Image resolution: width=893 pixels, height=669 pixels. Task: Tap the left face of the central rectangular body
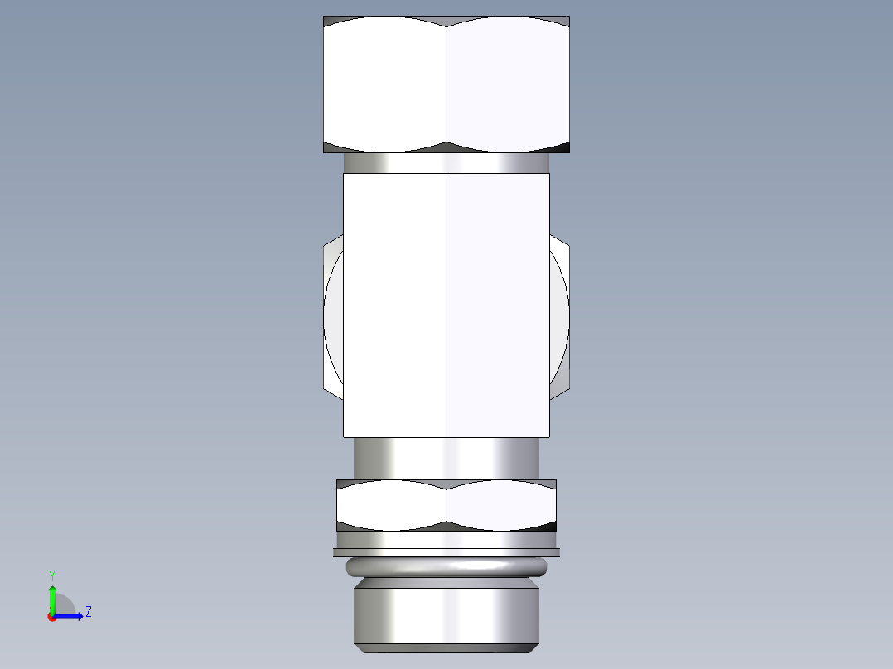coord(394,305)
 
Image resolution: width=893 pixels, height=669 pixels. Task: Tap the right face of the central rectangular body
coord(497,305)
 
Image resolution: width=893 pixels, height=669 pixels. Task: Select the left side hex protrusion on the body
coord(333,315)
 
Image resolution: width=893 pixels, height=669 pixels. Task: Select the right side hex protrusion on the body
coord(559,315)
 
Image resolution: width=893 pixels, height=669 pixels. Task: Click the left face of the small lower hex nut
coord(391,505)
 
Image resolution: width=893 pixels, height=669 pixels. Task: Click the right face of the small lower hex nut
coord(501,505)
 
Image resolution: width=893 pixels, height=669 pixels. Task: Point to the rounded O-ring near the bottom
coord(446,567)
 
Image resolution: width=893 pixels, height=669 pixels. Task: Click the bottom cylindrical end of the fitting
coord(446,617)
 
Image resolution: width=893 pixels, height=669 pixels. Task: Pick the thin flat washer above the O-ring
coord(446,551)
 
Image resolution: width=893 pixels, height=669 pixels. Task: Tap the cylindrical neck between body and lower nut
coord(446,458)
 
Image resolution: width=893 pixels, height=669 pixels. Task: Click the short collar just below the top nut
coord(446,163)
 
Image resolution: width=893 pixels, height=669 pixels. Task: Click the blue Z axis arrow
coord(70,616)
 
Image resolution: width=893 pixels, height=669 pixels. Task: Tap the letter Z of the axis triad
coord(88,612)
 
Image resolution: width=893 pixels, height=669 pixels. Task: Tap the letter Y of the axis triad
coord(51,575)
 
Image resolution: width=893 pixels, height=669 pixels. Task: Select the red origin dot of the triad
coord(51,617)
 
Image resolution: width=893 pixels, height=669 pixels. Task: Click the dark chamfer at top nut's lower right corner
coord(562,148)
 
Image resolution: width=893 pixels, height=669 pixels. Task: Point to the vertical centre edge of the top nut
coord(446,83)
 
